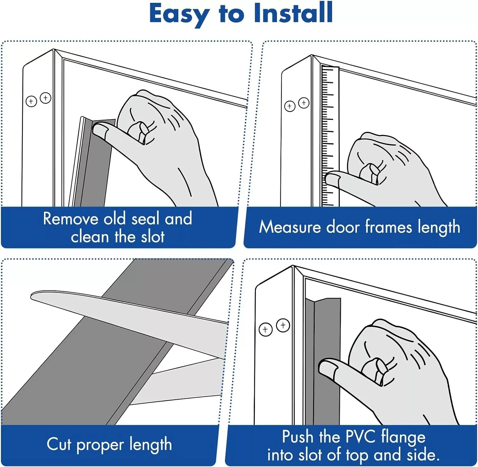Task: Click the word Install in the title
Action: (293, 13)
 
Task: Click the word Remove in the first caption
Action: (70, 219)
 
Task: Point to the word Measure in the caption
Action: (290, 227)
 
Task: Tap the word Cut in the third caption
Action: (59, 444)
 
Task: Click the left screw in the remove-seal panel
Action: (31, 102)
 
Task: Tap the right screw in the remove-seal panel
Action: (46, 98)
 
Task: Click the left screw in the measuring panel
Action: (290, 106)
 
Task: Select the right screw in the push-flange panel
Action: (283, 325)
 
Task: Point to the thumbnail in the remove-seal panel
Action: (99, 131)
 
